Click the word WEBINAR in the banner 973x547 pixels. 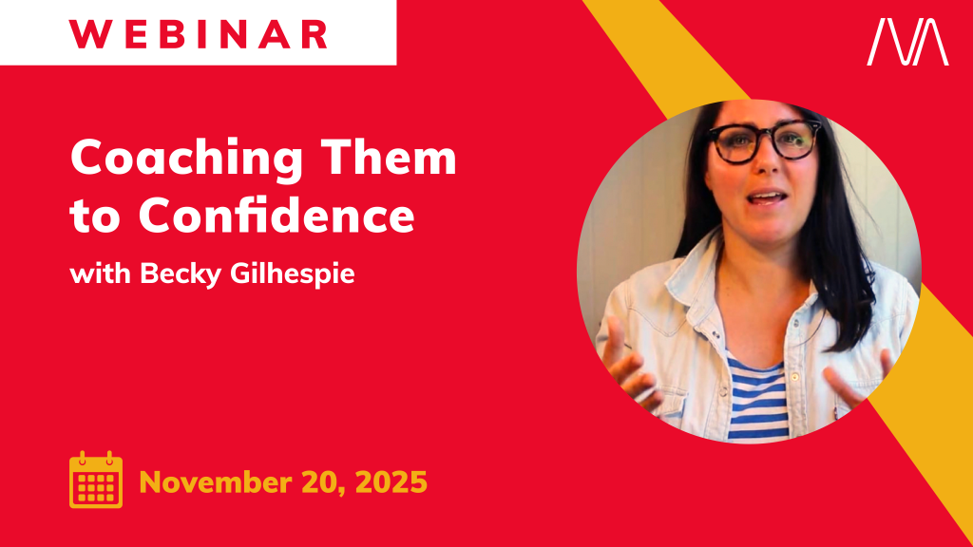[x=198, y=35]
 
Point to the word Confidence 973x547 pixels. [x=277, y=214]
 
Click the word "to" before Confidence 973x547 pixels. [x=95, y=217]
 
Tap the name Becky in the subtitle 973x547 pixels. [x=181, y=274]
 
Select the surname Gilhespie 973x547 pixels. [x=293, y=274]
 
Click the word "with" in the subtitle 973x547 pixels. [x=100, y=273]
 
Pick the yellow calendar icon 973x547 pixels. [x=96, y=480]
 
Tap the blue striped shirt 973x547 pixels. [x=757, y=397]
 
